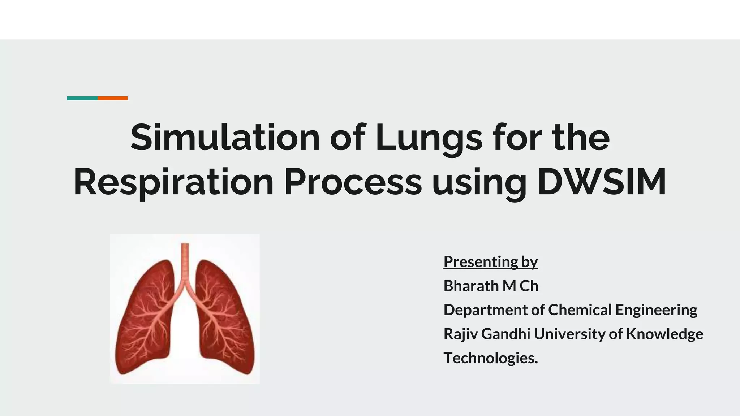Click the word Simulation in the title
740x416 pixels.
(x=225, y=138)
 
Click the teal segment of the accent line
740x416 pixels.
(x=82, y=98)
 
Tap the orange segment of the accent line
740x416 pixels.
(x=112, y=98)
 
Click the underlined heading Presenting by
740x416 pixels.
(x=490, y=262)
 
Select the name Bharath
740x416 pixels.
(x=471, y=286)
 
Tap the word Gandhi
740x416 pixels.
(x=505, y=334)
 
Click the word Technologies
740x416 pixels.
(x=490, y=358)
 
